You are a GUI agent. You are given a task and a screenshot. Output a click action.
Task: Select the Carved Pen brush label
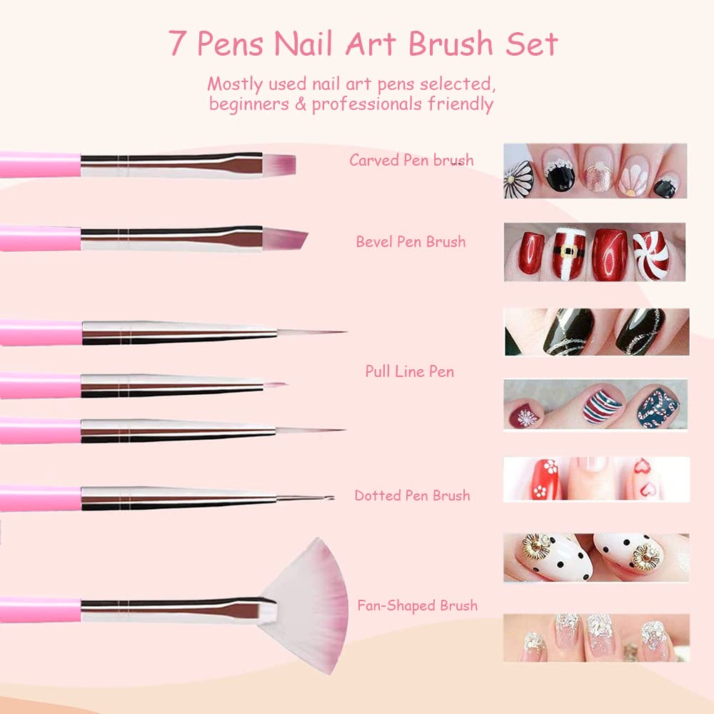pyautogui.click(x=411, y=160)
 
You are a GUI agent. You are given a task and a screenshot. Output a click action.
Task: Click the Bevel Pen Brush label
pyautogui.click(x=411, y=241)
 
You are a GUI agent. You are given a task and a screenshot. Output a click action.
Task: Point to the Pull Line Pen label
pyautogui.click(x=409, y=371)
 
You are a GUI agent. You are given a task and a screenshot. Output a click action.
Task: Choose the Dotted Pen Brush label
pyautogui.click(x=412, y=495)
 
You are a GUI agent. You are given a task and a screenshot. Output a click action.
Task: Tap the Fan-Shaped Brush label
pyautogui.click(x=417, y=605)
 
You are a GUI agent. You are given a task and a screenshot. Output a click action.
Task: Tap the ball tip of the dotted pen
pyautogui.click(x=329, y=497)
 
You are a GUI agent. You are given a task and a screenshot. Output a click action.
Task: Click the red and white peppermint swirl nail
pyautogui.click(x=651, y=254)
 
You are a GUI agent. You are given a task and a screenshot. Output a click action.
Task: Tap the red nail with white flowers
pyautogui.click(x=546, y=479)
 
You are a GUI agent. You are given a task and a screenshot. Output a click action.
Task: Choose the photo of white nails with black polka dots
pyautogui.click(x=595, y=557)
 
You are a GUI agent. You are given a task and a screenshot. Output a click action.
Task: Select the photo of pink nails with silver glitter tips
pyautogui.click(x=595, y=637)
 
